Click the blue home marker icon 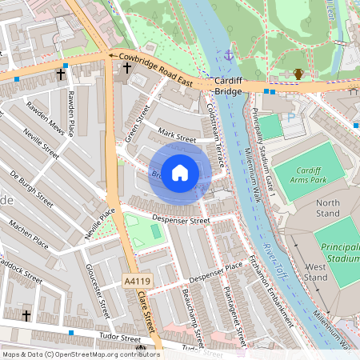pyautogui.click(x=180, y=172)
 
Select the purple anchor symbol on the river pyautogui.click(x=229, y=55)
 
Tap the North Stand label pyautogui.click(x=327, y=208)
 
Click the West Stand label pyautogui.click(x=315, y=272)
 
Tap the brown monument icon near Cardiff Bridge pyautogui.click(x=298, y=74)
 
